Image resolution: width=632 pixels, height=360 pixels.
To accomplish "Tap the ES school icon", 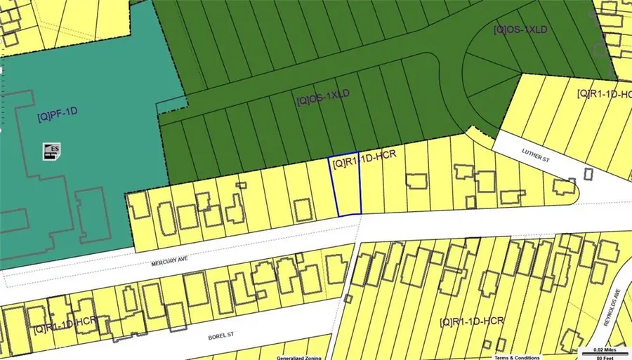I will tap(51, 150).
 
